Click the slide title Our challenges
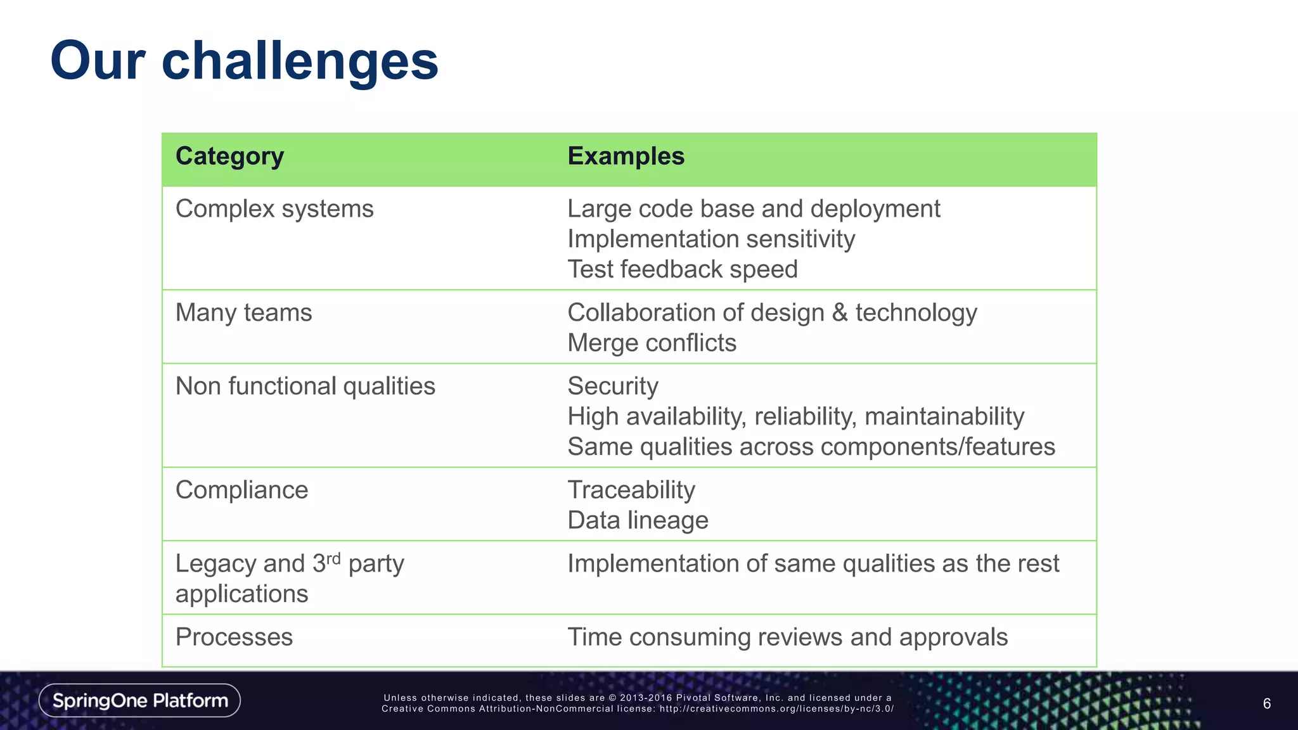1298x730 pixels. tap(244, 61)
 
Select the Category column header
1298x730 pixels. tap(229, 157)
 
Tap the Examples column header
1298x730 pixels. tap(626, 157)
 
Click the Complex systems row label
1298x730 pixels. tap(274, 209)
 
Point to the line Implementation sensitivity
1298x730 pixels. tap(710, 240)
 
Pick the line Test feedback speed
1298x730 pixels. tap(682, 269)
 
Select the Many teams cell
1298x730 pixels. tap(243, 313)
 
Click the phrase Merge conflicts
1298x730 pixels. tap(652, 343)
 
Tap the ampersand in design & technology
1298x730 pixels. tap(840, 312)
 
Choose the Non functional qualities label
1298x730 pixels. tap(305, 387)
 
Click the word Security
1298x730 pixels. tap(612, 387)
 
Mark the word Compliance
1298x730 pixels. tap(241, 490)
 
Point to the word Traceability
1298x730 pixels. tap(631, 490)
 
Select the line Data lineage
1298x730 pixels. tap(638, 521)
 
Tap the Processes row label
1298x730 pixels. tap(234, 637)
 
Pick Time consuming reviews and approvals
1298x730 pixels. tap(787, 637)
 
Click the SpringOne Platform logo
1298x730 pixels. tap(139, 700)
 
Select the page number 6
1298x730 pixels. tap(1266, 703)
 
